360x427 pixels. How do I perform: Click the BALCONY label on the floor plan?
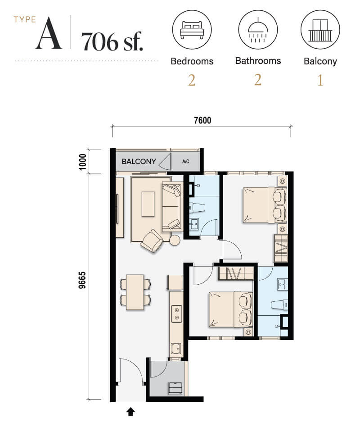click(139, 162)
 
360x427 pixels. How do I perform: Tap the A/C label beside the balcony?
click(185, 162)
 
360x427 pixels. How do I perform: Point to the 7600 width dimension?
click(202, 120)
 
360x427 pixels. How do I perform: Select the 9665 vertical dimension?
click(82, 280)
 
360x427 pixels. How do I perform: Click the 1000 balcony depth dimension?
click(82, 162)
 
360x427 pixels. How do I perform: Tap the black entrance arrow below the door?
click(131, 412)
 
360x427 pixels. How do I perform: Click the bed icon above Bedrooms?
click(192, 29)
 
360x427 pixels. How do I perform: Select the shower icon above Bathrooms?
click(258, 30)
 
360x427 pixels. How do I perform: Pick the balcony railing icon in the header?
click(320, 30)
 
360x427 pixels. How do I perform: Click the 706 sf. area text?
click(112, 42)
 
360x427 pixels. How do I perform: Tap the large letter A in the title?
click(49, 33)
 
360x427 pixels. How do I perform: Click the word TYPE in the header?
click(25, 20)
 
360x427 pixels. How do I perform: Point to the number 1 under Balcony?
click(320, 80)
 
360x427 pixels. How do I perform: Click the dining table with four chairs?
click(135, 292)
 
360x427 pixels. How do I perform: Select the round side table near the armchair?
click(175, 240)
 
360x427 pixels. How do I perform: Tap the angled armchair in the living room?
click(152, 241)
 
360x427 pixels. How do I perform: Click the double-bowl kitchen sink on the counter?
click(176, 313)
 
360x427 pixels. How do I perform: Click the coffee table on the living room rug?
click(148, 204)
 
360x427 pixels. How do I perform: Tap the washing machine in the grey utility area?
click(175, 388)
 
